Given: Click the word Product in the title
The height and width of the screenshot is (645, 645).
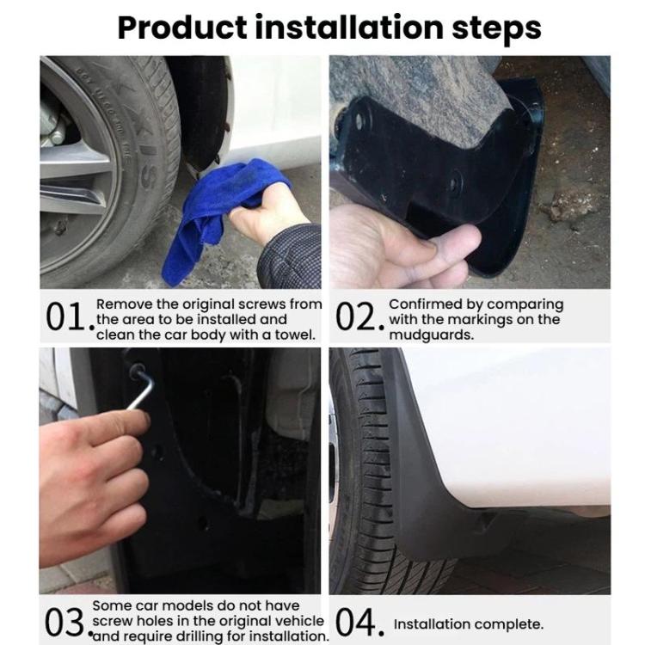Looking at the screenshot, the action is tap(182, 28).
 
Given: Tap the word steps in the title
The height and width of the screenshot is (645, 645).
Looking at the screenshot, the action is tap(496, 29).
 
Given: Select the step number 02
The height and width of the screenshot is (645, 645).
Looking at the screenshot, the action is tap(360, 317).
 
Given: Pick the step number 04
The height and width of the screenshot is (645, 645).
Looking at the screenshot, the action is tap(360, 623).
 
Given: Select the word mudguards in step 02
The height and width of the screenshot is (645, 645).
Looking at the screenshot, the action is tap(432, 335).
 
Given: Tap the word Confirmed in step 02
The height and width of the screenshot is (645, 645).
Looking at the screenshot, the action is tap(426, 304).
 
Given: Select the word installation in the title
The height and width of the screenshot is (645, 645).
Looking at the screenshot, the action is tap(349, 28).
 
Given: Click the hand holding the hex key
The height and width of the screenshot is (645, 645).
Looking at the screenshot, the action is tap(93, 485).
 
